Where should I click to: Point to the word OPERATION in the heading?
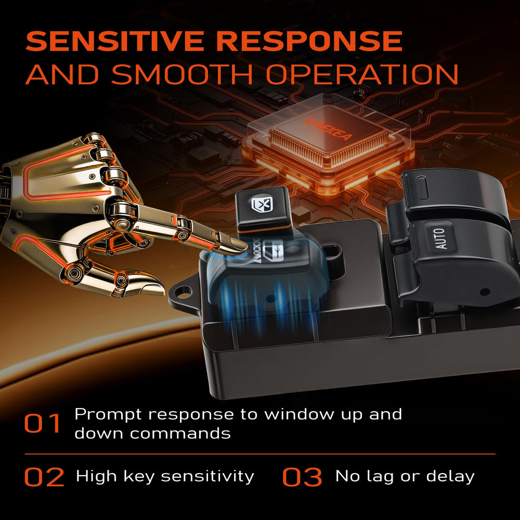point(362,74)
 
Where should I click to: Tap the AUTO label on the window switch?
point(440,238)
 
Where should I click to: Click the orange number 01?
point(43,423)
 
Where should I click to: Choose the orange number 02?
point(44,477)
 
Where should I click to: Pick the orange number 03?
point(302,477)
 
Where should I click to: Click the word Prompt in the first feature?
point(108,415)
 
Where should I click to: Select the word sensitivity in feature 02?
point(207,476)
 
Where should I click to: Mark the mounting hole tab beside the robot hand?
point(182,292)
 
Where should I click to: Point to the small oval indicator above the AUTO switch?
point(422,188)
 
